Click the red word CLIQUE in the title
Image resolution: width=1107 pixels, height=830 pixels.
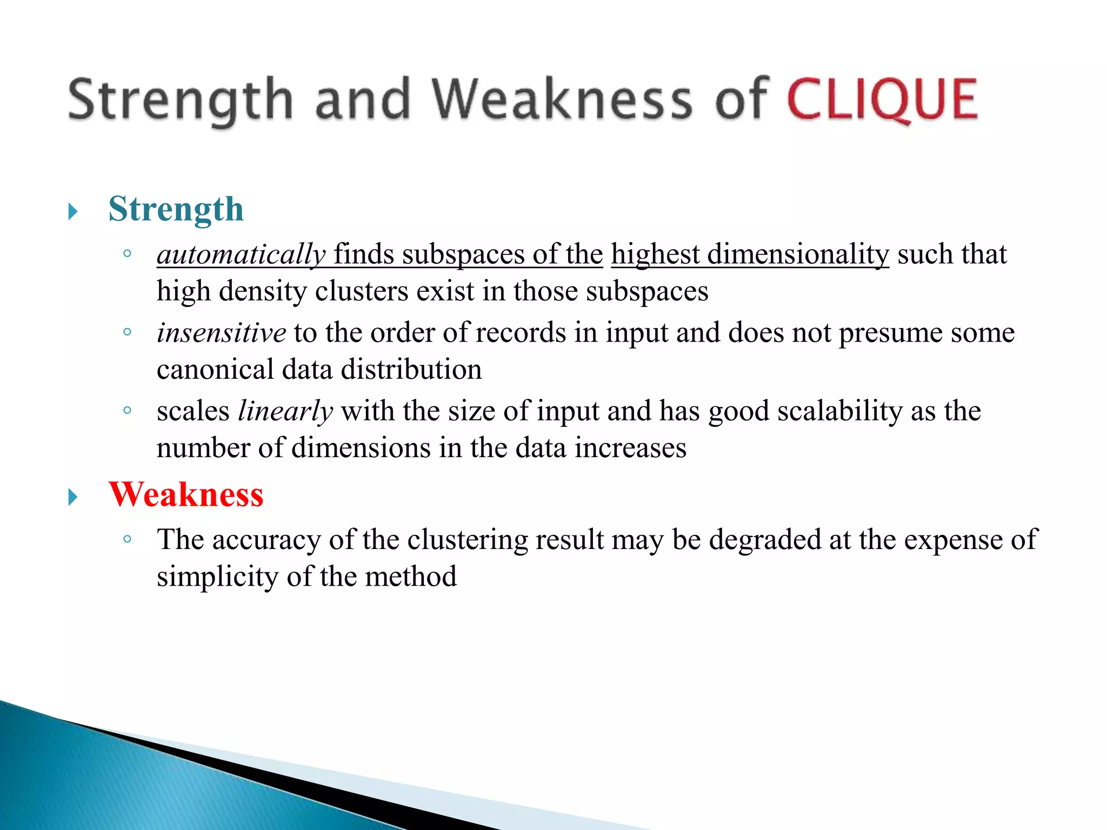pyautogui.click(x=882, y=99)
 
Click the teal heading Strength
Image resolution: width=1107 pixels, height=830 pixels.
pyautogui.click(x=176, y=209)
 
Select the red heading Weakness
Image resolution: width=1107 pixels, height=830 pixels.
pyautogui.click(x=186, y=494)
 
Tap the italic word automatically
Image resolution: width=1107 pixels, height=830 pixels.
pyautogui.click(x=241, y=255)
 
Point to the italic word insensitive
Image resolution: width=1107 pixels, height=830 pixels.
pyautogui.click(x=221, y=332)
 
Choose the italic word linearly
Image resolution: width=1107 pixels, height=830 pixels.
pyautogui.click(x=285, y=411)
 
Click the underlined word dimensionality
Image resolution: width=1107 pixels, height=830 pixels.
pyautogui.click(x=798, y=255)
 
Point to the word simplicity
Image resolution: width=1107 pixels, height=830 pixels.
pyautogui.click(x=217, y=577)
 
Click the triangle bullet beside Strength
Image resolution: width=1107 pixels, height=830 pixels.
pyautogui.click(x=73, y=211)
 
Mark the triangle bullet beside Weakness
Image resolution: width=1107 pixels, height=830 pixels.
pyautogui.click(x=73, y=497)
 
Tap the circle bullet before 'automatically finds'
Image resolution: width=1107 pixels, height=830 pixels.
pyautogui.click(x=128, y=253)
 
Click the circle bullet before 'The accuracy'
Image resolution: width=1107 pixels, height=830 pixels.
pyautogui.click(x=128, y=538)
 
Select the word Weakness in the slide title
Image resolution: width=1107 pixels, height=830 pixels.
pyautogui.click(x=562, y=99)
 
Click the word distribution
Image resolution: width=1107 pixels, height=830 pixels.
pyautogui.click(x=411, y=370)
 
